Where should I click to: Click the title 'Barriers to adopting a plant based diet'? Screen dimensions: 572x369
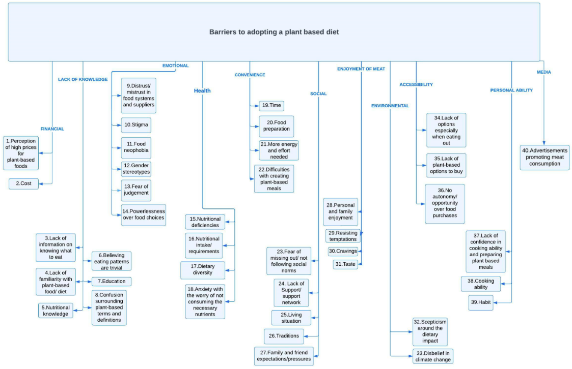click(274, 32)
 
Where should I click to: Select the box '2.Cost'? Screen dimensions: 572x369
click(24, 184)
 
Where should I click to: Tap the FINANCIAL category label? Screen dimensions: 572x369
click(52, 129)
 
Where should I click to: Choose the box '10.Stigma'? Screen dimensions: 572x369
click(136, 125)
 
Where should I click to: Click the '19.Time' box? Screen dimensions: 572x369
click(271, 106)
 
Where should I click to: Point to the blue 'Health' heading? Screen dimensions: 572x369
click(202, 90)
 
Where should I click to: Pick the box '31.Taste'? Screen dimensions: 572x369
click(345, 264)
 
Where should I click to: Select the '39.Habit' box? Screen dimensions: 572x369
click(481, 302)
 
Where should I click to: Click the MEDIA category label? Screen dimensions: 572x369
click(543, 72)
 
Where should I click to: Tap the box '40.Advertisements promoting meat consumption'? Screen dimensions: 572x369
click(544, 157)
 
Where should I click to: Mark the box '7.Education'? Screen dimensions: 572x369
click(112, 281)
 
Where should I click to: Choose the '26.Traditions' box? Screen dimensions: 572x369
click(284, 336)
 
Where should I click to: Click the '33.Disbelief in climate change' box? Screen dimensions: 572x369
click(433, 356)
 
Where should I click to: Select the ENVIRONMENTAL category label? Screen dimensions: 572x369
click(390, 106)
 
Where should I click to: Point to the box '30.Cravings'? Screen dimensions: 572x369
click(343, 251)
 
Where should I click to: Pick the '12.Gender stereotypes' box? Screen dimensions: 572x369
click(136, 169)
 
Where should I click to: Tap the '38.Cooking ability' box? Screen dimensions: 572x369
click(481, 284)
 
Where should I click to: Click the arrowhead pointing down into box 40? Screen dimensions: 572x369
click(544, 143)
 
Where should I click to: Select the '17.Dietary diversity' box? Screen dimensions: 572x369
click(202, 270)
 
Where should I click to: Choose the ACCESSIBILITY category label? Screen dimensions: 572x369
click(416, 84)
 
